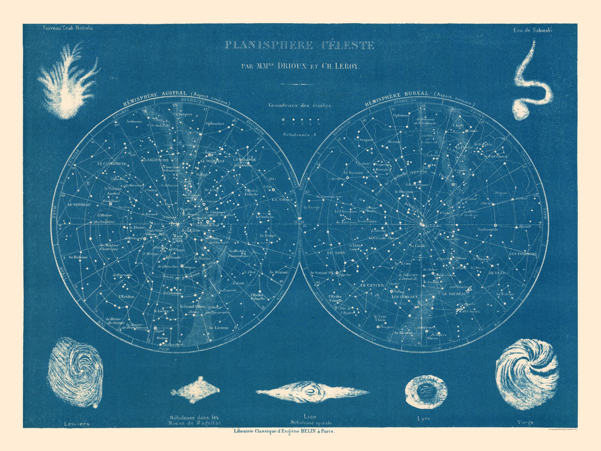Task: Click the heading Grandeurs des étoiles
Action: click(299, 106)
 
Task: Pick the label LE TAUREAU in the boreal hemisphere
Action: click(454, 294)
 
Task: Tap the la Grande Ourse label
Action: click(384, 238)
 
